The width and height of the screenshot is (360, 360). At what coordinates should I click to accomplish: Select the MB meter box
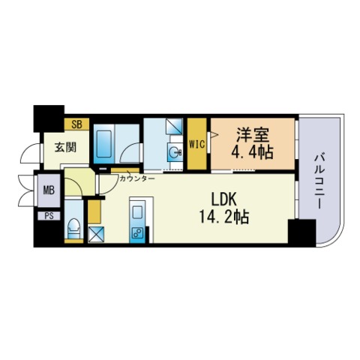48,190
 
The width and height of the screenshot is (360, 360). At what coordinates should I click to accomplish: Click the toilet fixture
73,227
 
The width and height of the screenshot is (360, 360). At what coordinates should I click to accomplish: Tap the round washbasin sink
175,154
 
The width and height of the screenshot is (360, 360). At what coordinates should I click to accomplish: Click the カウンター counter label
137,179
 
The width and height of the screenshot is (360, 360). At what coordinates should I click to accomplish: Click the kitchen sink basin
139,209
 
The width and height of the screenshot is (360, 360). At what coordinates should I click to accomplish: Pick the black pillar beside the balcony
301,234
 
